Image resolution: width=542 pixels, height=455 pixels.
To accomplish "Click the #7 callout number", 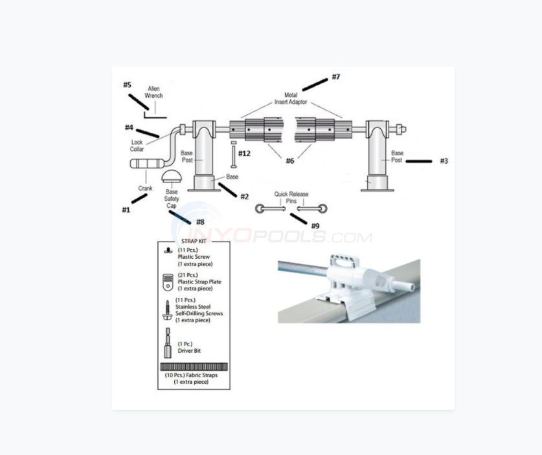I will [x=335, y=77].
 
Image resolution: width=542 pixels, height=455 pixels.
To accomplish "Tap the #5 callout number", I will [x=127, y=85].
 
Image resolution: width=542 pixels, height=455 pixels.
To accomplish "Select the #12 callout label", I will [x=244, y=153].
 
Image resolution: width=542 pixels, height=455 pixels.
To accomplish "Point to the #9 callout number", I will [x=315, y=226].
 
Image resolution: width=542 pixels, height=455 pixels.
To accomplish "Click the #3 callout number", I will [x=444, y=161].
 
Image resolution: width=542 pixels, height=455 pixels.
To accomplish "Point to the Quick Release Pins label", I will [x=291, y=197].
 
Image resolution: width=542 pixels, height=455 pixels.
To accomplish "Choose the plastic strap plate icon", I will [x=167, y=282].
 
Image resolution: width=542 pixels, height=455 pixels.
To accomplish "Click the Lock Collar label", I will [x=137, y=146].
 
